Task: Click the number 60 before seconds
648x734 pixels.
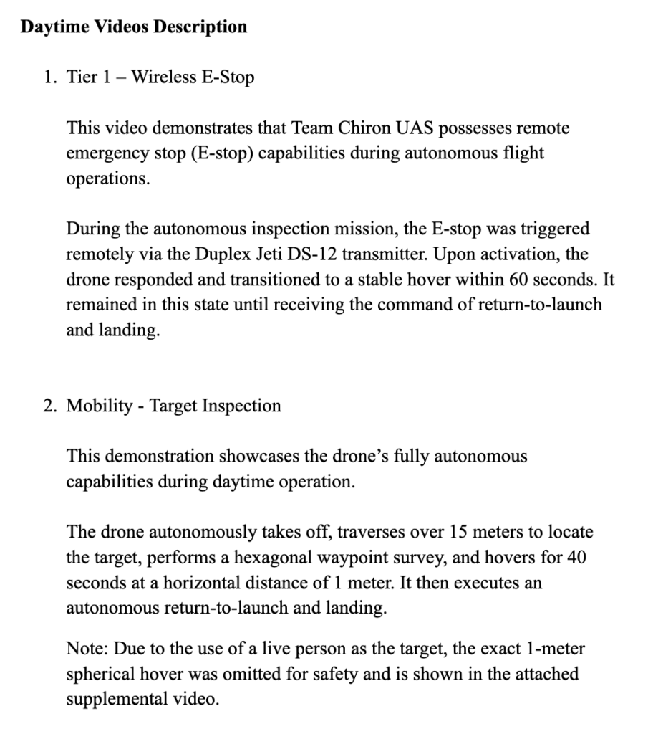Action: coord(516,279)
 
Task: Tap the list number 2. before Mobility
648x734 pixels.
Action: coord(49,406)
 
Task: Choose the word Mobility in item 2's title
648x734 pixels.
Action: coord(100,406)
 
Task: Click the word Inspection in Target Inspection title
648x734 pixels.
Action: coord(241,406)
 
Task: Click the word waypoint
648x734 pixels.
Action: coord(342,558)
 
